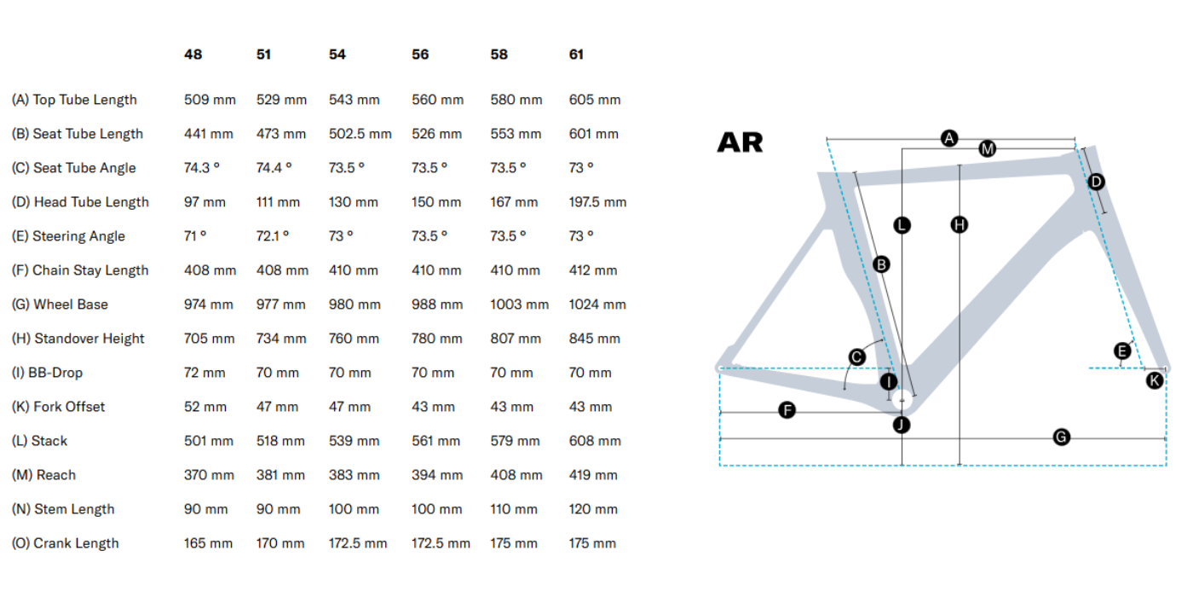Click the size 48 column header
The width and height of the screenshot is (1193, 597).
click(193, 55)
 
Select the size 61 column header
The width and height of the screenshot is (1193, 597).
click(577, 55)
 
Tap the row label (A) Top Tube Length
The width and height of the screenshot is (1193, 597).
click(74, 100)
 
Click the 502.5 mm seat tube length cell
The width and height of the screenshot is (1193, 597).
click(360, 134)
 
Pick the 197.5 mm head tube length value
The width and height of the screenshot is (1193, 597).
click(597, 202)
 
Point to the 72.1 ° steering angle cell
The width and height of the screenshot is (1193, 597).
click(274, 236)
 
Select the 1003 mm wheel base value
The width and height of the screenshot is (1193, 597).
click(519, 304)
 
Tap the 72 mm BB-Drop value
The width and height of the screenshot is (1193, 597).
click(205, 373)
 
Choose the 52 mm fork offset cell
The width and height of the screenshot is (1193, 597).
click(205, 407)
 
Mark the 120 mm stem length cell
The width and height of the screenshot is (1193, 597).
click(593, 509)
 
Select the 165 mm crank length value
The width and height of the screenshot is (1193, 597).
click(208, 543)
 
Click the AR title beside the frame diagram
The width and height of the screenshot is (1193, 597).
click(740, 142)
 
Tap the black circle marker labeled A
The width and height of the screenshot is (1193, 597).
click(949, 137)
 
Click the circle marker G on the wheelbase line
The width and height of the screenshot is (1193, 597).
click(1062, 438)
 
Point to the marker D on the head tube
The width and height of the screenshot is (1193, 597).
click(1097, 182)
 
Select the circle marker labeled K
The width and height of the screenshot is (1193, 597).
click(1155, 380)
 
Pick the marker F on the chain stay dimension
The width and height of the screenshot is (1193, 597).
click(787, 411)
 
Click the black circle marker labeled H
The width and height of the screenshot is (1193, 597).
click(960, 225)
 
